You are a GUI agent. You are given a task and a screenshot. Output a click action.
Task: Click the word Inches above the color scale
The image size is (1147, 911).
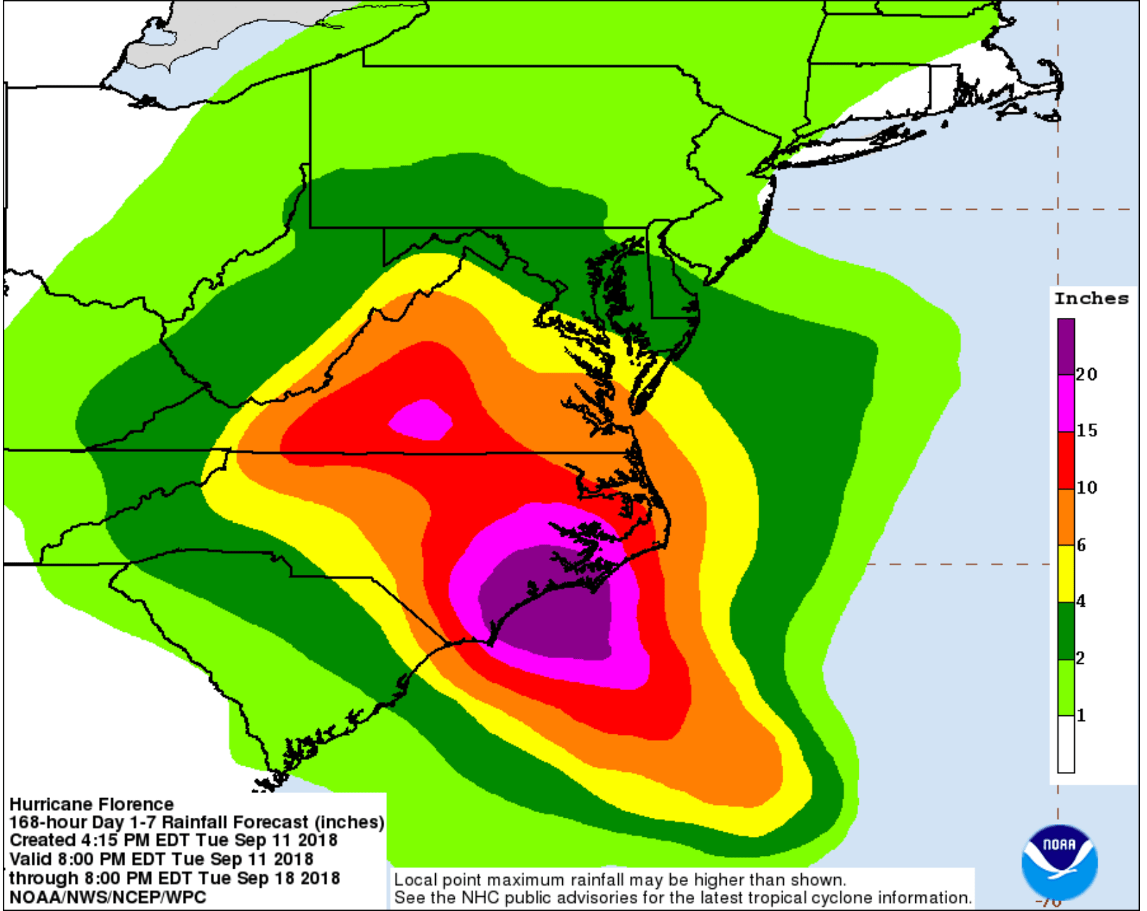click(1091, 299)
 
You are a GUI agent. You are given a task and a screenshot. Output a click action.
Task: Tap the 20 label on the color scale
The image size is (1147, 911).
click(1087, 374)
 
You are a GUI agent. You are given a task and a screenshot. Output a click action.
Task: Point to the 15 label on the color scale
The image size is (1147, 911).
click(1087, 430)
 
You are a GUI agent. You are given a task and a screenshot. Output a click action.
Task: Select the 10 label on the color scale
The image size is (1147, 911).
click(1087, 487)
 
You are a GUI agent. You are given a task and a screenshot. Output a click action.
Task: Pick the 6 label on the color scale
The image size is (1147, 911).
click(1081, 544)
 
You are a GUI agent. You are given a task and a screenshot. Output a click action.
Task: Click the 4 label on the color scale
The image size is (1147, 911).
click(1081, 601)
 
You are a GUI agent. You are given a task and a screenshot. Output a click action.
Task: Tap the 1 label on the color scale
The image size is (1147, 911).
click(1081, 715)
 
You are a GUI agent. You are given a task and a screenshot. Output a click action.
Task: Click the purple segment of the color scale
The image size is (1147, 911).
click(1066, 346)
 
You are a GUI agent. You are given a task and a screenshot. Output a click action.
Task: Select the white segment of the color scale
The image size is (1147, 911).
click(1066, 744)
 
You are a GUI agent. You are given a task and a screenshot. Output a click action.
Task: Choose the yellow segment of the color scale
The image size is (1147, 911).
click(1066, 573)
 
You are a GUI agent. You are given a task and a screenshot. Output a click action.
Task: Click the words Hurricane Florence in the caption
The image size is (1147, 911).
click(91, 804)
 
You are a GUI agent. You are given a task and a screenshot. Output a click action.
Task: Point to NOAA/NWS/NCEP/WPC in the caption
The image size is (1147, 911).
click(107, 898)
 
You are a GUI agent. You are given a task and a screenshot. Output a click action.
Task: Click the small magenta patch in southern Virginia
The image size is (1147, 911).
click(422, 420)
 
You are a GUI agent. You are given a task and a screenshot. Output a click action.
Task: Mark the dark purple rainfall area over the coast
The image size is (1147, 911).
click(551, 607)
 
